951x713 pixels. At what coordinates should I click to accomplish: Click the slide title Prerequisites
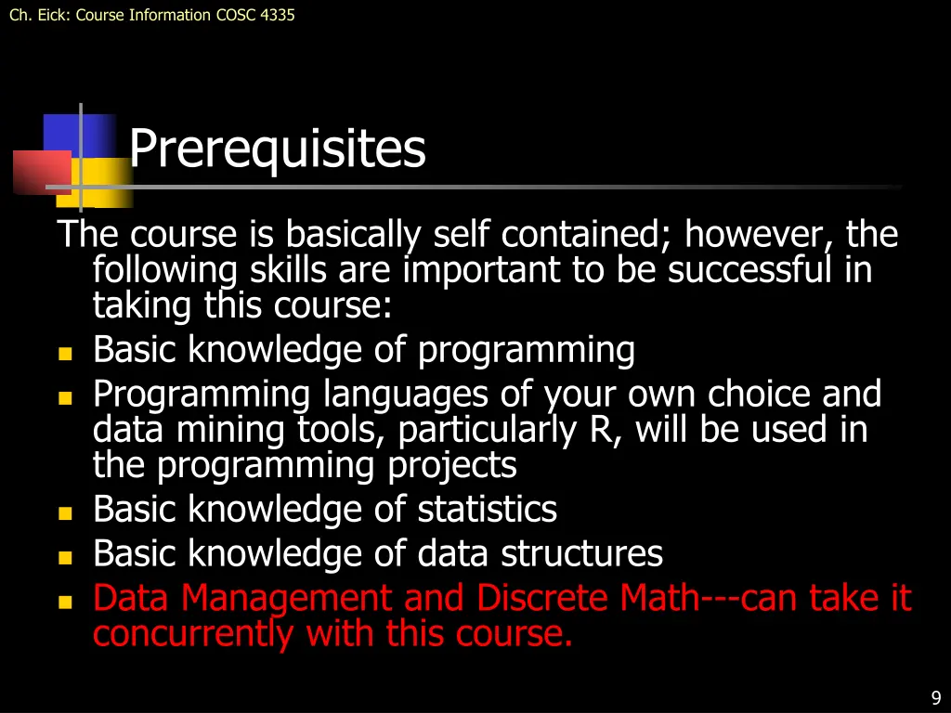coord(277,149)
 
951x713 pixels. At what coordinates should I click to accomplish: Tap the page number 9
coord(936,699)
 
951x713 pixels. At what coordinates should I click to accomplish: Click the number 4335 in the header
coord(278,15)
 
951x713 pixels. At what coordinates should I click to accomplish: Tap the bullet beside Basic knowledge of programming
coord(64,354)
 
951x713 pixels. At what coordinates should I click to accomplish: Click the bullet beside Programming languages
coord(64,398)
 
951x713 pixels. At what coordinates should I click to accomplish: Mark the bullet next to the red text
coord(64,602)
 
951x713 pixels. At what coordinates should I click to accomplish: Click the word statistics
coord(487,510)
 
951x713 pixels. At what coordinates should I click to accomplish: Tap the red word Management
coord(288,599)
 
